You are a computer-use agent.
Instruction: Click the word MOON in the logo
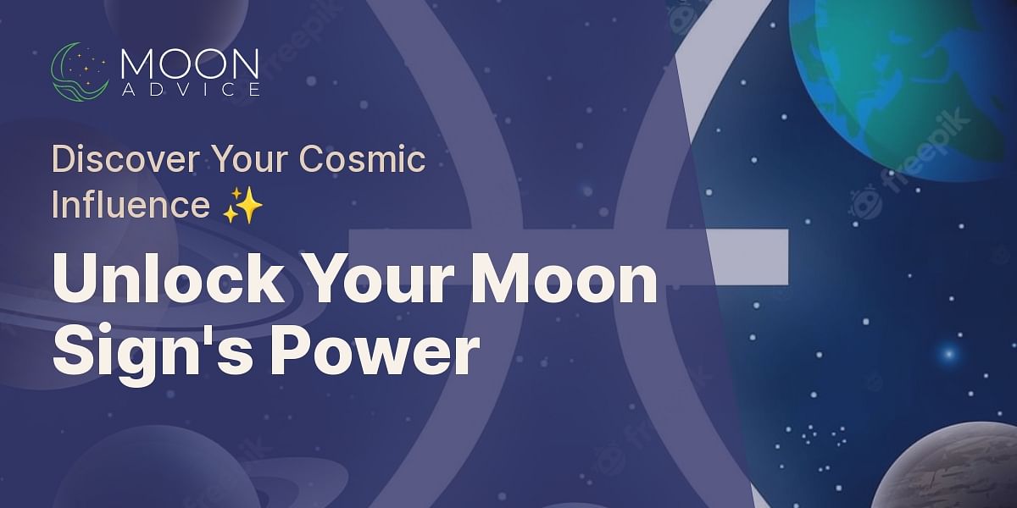click(190, 63)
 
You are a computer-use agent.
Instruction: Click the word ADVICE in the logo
click(190, 89)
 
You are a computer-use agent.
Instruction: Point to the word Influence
click(130, 206)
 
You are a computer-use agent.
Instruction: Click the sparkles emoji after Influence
click(242, 207)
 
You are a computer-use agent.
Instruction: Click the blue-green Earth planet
click(907, 76)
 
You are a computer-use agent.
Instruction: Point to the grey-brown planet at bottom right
click(949, 470)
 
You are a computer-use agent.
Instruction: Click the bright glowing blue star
click(948, 352)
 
